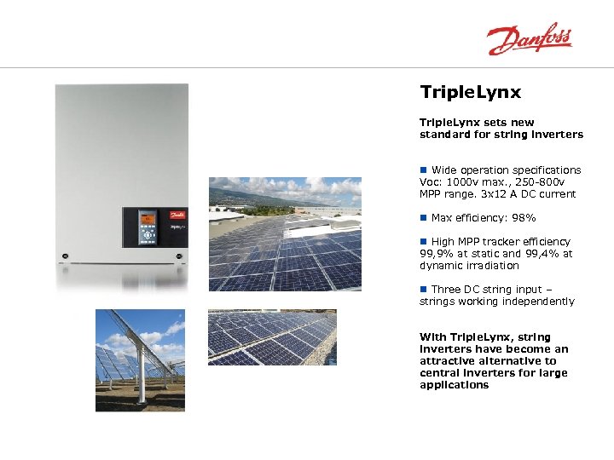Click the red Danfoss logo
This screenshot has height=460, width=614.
[x=529, y=39]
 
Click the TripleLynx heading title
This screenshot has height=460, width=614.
[x=470, y=92]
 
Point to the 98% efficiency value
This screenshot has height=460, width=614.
[x=521, y=218]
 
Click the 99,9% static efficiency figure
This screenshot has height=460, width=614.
[x=435, y=254]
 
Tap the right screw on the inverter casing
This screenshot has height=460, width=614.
[x=178, y=254]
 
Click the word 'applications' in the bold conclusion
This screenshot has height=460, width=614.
[x=454, y=385]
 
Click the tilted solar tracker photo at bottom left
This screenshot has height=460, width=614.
[x=139, y=359]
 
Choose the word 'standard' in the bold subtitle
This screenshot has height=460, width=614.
[x=445, y=135]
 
